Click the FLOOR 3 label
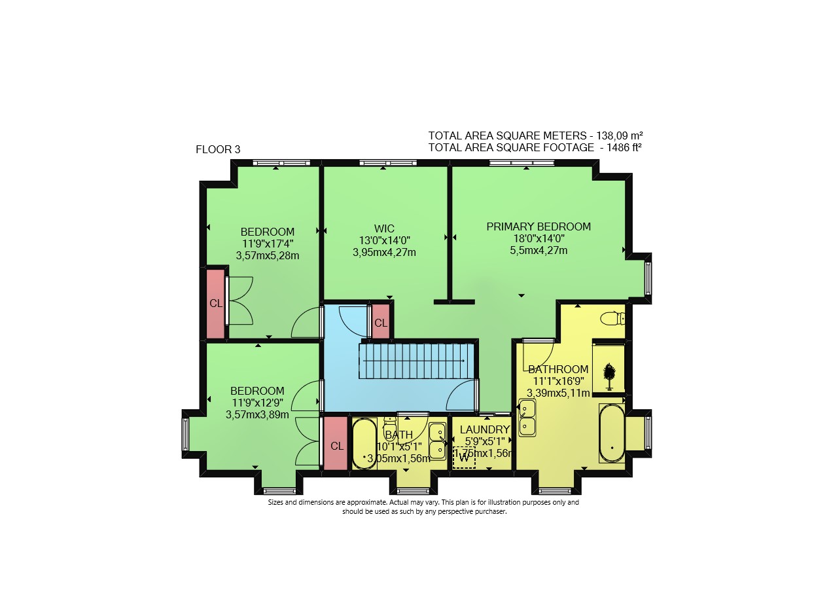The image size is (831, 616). pos(218,150)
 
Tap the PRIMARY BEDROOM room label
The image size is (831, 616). pos(539,226)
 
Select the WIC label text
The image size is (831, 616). pos(384,228)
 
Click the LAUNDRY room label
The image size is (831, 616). pos(484,429)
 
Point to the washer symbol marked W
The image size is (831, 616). pos(464,458)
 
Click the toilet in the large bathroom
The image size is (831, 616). pos(612,319)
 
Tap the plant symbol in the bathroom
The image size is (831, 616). pos(609,376)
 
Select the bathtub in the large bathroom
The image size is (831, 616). pos(611,433)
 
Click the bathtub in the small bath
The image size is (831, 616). pos(364,444)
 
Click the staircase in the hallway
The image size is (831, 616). pos(416,361)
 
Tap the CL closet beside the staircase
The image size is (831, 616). pos(381,321)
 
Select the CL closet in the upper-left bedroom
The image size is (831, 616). pos(215,304)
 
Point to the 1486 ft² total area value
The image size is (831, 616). pos(624,147)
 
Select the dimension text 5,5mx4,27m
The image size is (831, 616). pos(539,250)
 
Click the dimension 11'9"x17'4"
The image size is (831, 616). pos(268,244)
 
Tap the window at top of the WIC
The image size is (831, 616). pos(388,163)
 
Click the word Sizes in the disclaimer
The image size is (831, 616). pos(275,502)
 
